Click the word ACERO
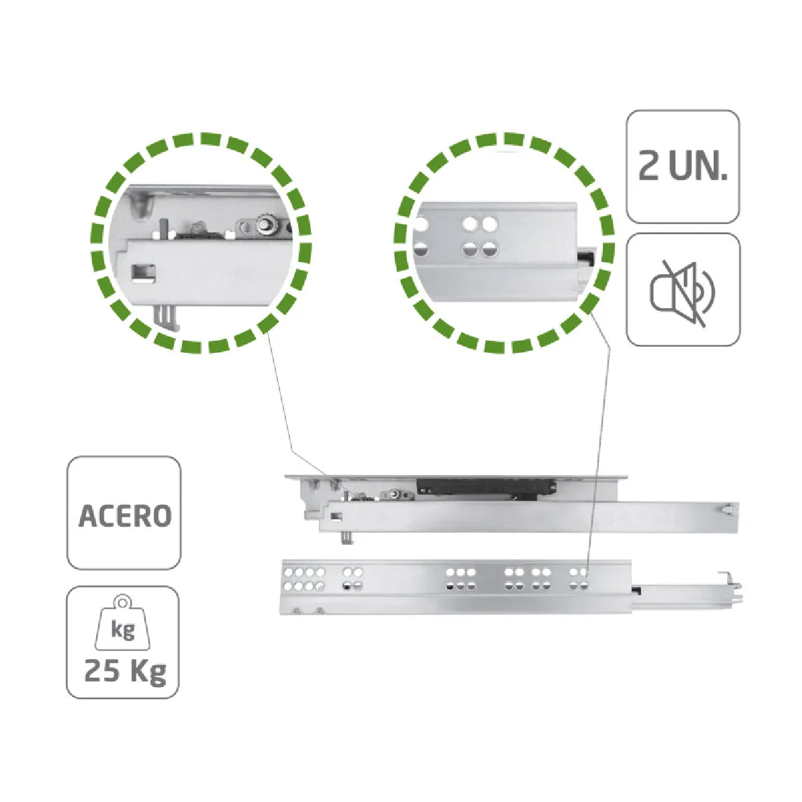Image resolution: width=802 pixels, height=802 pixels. [x=124, y=516]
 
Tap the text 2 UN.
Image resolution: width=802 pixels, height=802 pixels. [x=683, y=166]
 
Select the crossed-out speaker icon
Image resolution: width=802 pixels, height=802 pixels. [x=682, y=289]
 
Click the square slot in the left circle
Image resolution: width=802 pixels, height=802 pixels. [x=144, y=274]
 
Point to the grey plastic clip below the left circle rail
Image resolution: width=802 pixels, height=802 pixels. [x=167, y=318]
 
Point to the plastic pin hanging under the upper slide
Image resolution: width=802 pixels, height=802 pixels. [x=347, y=538]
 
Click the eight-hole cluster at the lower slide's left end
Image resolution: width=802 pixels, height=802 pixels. [x=303, y=579]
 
